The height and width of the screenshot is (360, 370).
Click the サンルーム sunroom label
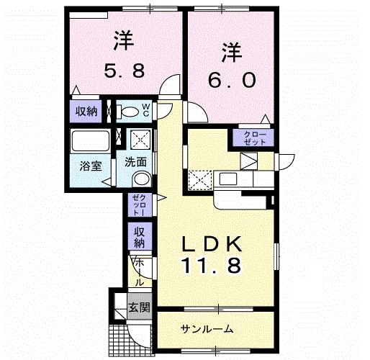[x=207, y=329]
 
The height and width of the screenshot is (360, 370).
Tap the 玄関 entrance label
[x=138, y=307]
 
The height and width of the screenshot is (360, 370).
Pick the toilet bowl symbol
[x=130, y=111]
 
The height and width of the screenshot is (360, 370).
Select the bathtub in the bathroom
[x=91, y=140]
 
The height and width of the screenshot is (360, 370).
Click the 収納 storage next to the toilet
[x=86, y=112]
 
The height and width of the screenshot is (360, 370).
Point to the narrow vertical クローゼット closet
[x=139, y=204]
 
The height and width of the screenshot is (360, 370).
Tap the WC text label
[x=145, y=111]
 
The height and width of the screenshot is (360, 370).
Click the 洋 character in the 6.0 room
[x=230, y=53]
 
